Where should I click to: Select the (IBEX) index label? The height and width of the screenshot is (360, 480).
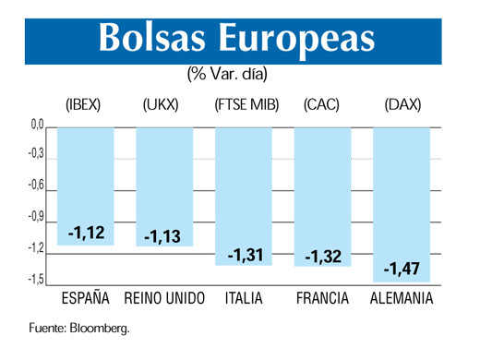pyautogui.click(x=86, y=106)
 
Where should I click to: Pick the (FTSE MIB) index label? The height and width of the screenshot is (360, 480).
pyautogui.click(x=244, y=106)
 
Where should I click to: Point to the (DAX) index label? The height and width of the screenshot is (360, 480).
pyautogui.click(x=402, y=106)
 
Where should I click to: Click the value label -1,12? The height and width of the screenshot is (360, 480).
pyautogui.click(x=86, y=234)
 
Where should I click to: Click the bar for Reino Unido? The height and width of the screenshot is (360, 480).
pyautogui.click(x=164, y=185)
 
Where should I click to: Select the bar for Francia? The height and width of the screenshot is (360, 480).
pyautogui.click(x=323, y=194)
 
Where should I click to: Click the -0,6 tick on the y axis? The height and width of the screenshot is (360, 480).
pyautogui.click(x=35, y=186)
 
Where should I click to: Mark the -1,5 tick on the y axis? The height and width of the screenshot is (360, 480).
pyautogui.click(x=35, y=279)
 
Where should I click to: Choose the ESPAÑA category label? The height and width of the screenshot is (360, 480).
pyautogui.click(x=86, y=299)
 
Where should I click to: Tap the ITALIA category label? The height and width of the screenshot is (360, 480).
pyautogui.click(x=244, y=299)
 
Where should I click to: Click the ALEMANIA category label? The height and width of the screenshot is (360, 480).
pyautogui.click(x=402, y=299)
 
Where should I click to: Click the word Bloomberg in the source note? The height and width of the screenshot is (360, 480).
pyautogui.click(x=102, y=327)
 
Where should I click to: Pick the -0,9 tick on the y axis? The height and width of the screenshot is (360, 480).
pyautogui.click(x=35, y=217)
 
